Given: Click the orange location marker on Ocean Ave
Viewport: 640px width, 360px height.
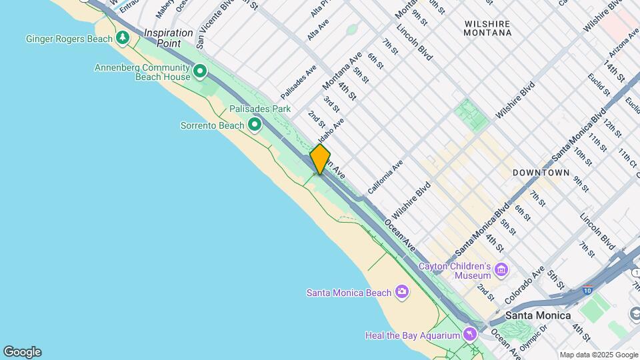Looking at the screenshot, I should pyautogui.click(x=320, y=159).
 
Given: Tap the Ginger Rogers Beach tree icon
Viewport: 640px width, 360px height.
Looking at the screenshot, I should pyautogui.click(x=123, y=38).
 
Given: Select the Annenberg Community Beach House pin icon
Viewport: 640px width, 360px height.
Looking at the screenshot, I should pyautogui.click(x=199, y=71).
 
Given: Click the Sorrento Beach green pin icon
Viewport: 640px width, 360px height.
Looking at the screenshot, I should pyautogui.click(x=254, y=125).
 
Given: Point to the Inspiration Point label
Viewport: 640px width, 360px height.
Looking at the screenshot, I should pyautogui.click(x=163, y=37).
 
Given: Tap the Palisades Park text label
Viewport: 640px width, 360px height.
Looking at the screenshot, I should pyautogui.click(x=260, y=108).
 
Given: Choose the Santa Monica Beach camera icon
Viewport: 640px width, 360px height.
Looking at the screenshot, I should pyautogui.click(x=401, y=291).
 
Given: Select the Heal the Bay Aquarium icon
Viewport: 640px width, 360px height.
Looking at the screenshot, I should pyautogui.click(x=471, y=333).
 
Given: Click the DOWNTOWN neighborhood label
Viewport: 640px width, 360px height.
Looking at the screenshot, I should pyautogui.click(x=541, y=173).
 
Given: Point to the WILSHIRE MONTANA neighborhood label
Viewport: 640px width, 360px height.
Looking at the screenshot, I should pyautogui.click(x=487, y=28).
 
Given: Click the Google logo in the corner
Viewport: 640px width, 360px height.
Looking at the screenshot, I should pyautogui.click(x=22, y=351).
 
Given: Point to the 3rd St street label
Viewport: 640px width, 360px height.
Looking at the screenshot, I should pyautogui.click(x=331, y=104).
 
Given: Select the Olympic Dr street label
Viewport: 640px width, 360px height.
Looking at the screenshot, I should pyautogui.click(x=533, y=337).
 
